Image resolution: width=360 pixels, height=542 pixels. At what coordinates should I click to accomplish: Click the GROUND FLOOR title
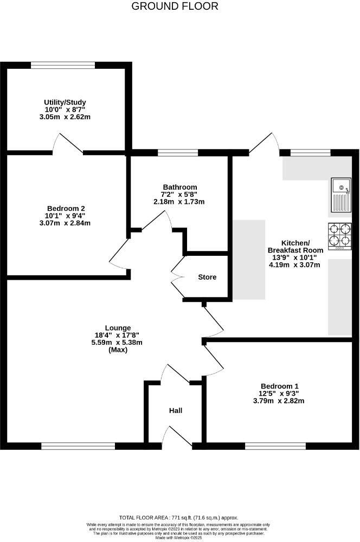175,7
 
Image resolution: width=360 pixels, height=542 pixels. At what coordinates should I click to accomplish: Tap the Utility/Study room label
65,102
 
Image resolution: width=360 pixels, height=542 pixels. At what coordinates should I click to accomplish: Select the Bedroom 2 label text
66,208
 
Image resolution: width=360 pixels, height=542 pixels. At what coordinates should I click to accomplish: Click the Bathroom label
179,187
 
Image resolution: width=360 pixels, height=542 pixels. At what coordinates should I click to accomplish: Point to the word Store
207,277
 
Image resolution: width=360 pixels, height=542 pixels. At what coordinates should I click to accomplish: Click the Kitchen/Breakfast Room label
295,247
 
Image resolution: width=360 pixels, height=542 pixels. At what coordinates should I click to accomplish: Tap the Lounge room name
118,328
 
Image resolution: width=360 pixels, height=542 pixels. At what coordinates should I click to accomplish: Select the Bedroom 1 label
279,385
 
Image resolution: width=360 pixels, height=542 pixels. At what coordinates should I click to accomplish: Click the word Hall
175,410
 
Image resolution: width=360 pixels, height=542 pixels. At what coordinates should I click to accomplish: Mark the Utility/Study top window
63,66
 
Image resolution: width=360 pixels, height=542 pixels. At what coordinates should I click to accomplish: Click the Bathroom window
178,153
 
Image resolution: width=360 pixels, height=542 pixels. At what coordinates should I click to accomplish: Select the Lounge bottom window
78,446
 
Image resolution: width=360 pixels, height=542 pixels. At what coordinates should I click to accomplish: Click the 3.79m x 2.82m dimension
279,401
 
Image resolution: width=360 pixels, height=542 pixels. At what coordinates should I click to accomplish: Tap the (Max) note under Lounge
118,350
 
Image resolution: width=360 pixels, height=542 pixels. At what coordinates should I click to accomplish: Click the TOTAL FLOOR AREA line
178,518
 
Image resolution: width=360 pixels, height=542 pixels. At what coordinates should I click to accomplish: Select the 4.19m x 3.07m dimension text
295,265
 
